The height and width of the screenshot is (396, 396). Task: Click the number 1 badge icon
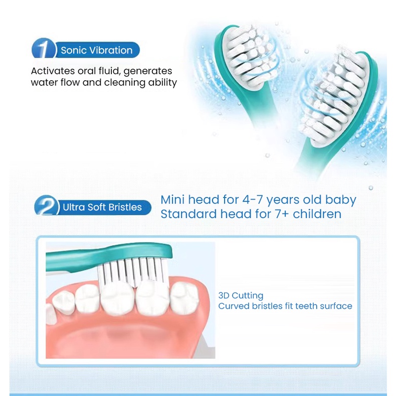44,48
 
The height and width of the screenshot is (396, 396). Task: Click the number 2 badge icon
47,206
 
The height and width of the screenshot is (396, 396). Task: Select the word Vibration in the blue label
109,50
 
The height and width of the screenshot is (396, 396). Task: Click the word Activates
53,71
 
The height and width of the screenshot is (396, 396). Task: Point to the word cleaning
125,83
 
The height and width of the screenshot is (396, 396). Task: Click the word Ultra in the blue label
72,207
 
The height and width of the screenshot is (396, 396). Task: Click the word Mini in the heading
172,200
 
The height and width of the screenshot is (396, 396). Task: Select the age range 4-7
253,200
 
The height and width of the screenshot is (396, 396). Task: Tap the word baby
340,200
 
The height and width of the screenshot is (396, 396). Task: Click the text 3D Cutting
241,296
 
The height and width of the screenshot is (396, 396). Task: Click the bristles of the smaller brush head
251,57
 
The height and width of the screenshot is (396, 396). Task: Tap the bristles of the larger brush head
332,96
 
